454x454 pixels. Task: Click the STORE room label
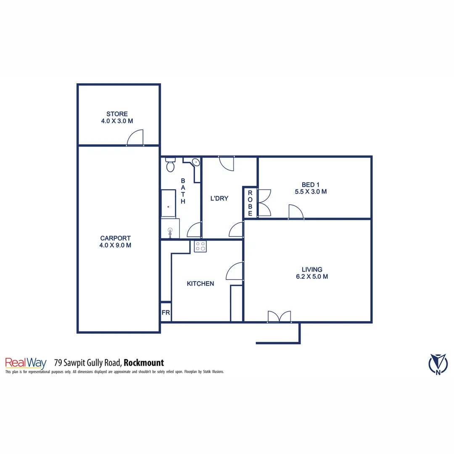117,114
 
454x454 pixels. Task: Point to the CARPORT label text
115,238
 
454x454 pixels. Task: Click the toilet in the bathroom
170,166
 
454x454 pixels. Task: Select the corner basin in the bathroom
196,163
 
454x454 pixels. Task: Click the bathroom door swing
194,231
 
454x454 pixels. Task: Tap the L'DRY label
219,198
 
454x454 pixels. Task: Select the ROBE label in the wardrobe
250,203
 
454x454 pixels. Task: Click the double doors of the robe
264,203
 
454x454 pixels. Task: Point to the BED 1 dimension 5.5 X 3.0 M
311,191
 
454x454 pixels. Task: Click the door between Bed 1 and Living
296,211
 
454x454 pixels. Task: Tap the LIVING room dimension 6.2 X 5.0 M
311,277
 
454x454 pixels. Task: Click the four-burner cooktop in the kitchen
200,246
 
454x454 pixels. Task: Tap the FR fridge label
166,313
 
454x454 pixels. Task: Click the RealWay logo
26,363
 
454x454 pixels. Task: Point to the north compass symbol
438,363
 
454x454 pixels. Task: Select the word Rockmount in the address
144,362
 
